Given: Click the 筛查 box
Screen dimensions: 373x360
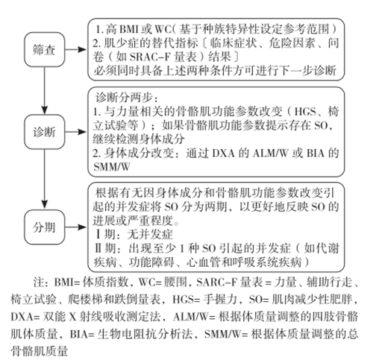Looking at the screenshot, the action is click(45, 49).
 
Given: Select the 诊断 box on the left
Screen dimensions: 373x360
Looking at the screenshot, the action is click(45, 132).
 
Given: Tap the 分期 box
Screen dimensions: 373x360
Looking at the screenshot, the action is click(45, 227).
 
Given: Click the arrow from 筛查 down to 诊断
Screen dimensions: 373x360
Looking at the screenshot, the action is click(45, 91).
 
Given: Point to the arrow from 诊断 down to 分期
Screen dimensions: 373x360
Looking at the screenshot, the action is click(45, 180).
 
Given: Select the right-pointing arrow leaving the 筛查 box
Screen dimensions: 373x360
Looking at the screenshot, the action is click(76, 49).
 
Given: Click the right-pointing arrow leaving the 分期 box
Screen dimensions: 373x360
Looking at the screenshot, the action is click(76, 227).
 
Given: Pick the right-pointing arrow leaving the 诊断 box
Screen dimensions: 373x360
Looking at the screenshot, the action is click(76, 132).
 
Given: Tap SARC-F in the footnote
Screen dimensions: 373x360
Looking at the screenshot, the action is click(216, 282).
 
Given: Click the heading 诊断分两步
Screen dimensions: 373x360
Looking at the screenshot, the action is click(124, 98).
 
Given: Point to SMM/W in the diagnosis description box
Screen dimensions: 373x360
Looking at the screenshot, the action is click(112, 167).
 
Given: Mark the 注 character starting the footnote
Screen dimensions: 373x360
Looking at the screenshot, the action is click(39, 282).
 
